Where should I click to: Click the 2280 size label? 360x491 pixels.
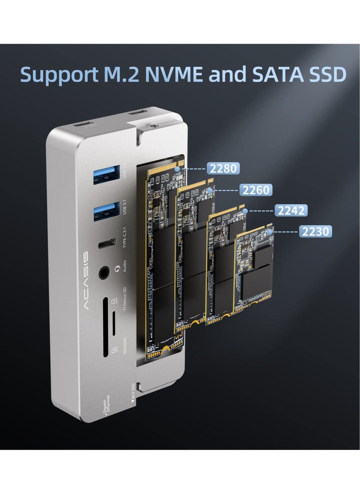(x=223, y=169)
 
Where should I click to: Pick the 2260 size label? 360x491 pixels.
(x=256, y=190)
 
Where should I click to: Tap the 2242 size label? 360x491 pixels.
(x=291, y=210)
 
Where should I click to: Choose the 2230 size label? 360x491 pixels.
(x=315, y=231)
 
